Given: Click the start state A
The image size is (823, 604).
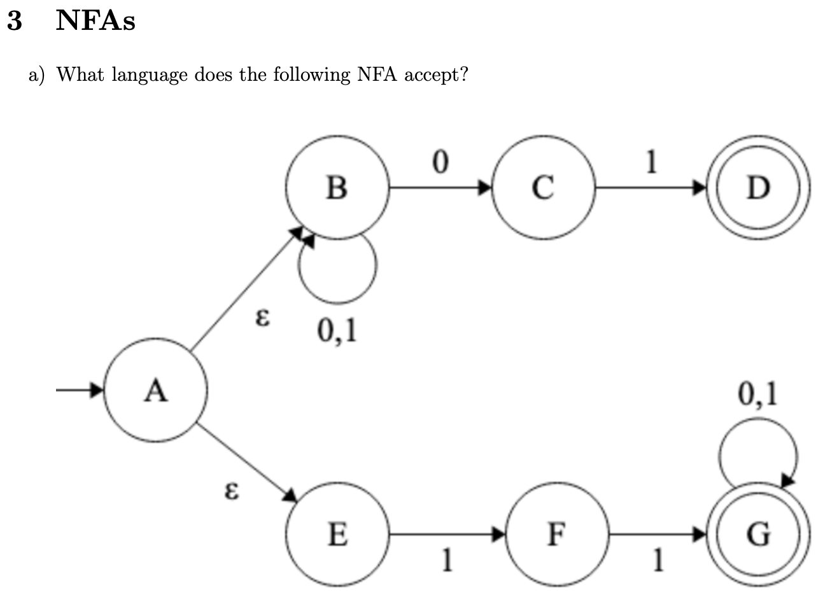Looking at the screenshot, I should (155, 391).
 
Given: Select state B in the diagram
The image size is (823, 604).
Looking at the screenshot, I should (337, 187).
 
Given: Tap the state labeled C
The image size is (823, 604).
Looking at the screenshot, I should (542, 187).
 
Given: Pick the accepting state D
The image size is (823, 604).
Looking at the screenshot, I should (758, 187).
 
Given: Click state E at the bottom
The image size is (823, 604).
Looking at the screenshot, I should (337, 534).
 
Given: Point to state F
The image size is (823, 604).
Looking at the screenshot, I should (556, 534).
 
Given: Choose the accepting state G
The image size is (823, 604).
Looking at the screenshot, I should (758, 534).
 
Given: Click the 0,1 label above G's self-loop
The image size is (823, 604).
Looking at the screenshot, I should (757, 395).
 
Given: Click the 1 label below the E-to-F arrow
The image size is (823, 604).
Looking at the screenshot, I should (448, 560).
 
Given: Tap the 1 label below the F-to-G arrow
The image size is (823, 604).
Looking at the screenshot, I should (658, 560).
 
